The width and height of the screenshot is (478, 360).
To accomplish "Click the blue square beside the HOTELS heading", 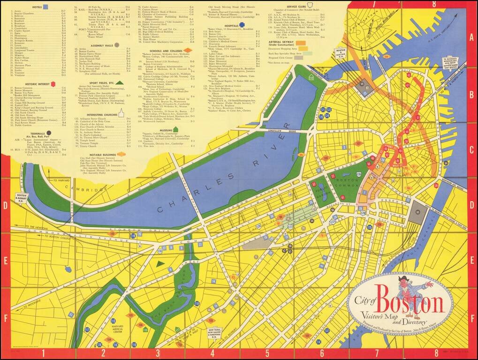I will [x=46, y=7].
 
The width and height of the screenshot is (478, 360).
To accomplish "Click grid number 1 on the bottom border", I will [x=43, y=352].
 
